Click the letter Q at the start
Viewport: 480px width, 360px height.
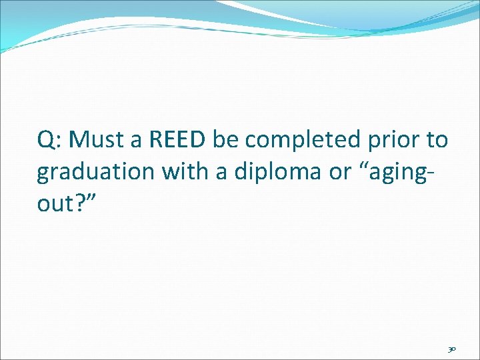click(46, 140)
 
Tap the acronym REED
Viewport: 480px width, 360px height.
click(179, 139)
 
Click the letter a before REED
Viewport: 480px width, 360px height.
click(138, 141)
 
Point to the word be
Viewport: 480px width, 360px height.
click(227, 139)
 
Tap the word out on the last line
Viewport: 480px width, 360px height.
click(55, 204)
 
